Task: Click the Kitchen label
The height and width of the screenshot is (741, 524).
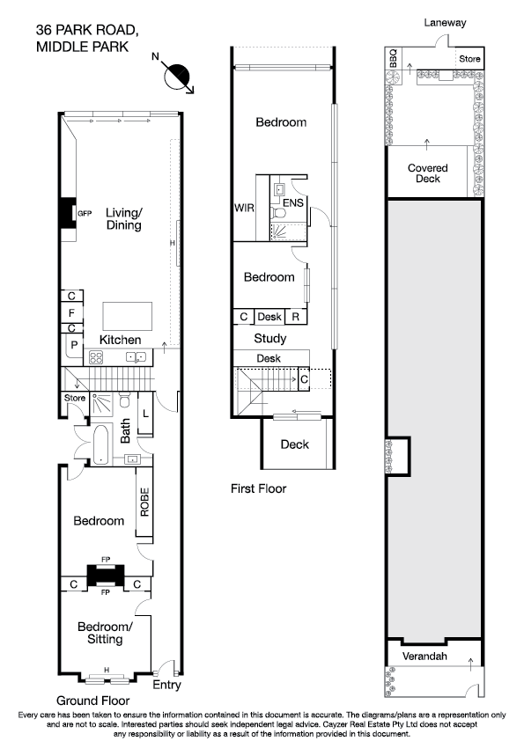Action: pyautogui.click(x=120, y=340)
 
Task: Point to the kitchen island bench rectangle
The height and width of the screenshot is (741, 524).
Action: pyautogui.click(x=128, y=315)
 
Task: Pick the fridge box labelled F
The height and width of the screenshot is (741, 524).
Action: pyautogui.click(x=72, y=312)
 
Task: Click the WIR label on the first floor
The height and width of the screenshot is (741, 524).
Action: pyautogui.click(x=244, y=209)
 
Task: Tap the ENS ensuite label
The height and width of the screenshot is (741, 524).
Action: pyautogui.click(x=292, y=209)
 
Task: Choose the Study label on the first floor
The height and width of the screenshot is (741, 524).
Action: pyautogui.click(x=269, y=338)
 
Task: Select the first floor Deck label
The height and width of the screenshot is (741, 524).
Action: pyautogui.click(x=294, y=444)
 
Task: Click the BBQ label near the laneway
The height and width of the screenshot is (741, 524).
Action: pyautogui.click(x=394, y=59)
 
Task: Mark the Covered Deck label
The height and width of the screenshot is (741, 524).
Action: pyautogui.click(x=428, y=173)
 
